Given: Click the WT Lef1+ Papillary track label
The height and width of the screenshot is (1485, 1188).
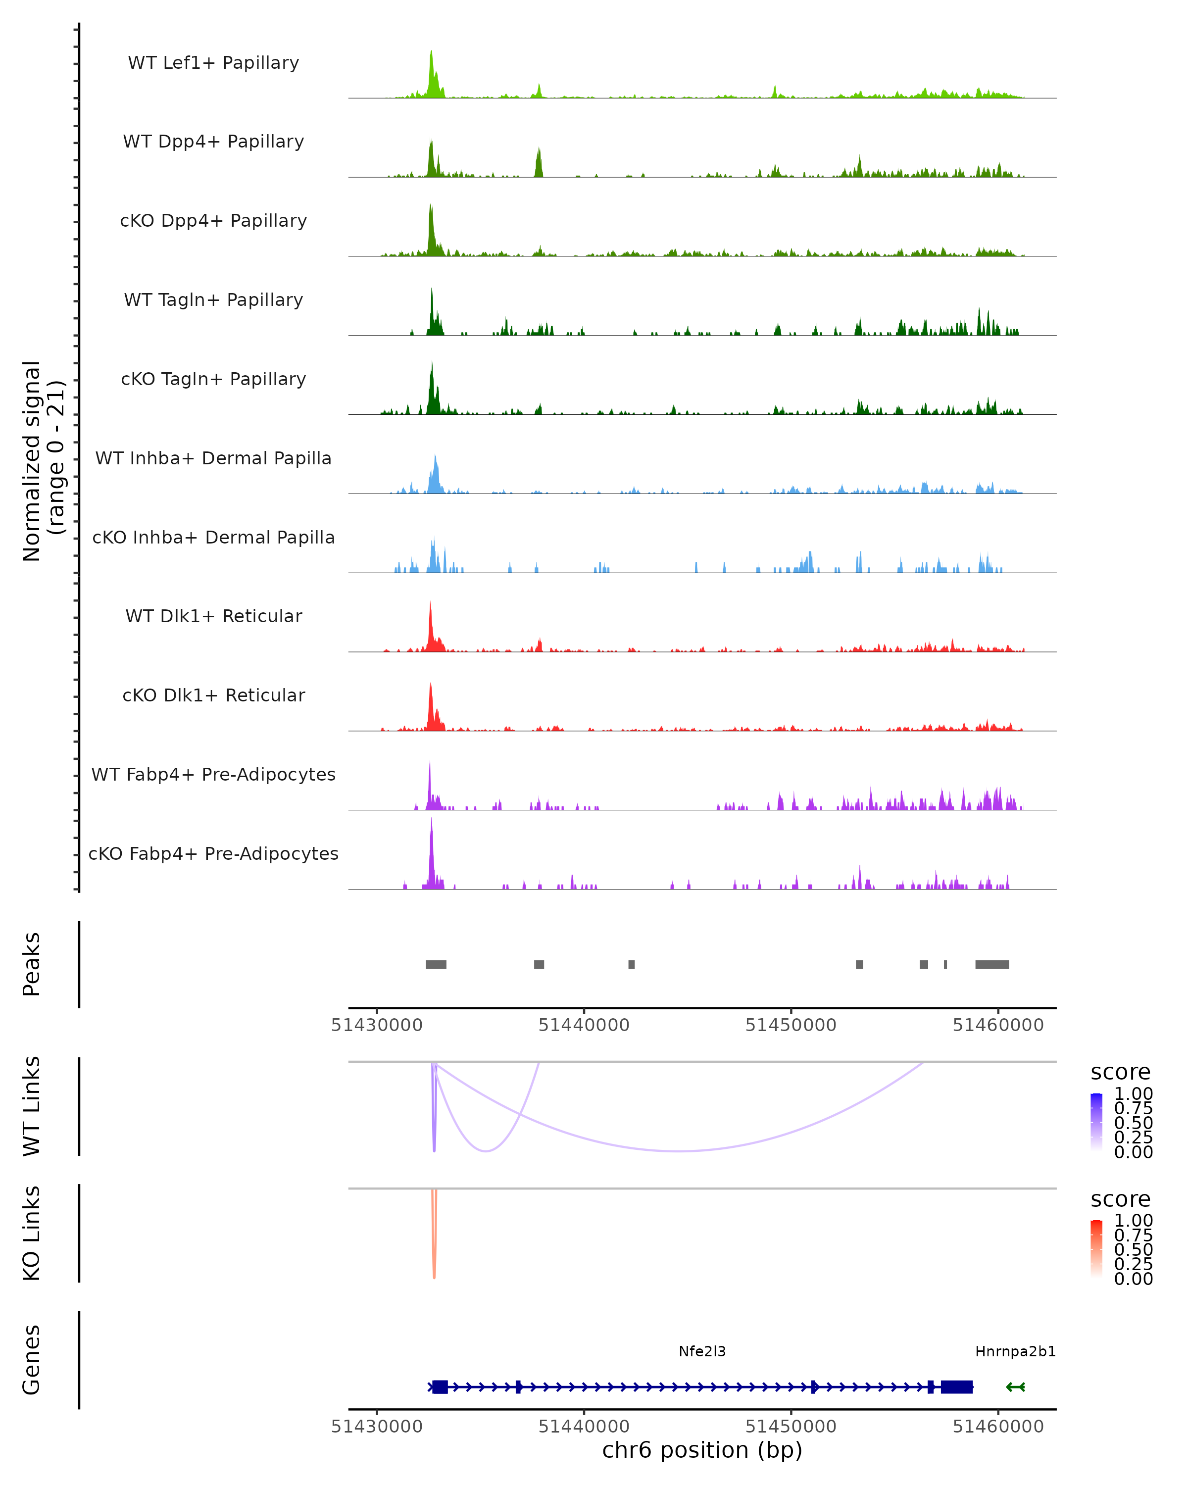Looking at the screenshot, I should coord(213,63).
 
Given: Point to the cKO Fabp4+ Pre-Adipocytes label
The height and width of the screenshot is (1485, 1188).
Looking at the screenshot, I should coord(213,853).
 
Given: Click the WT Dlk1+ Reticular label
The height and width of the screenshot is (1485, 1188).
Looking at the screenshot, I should coord(213,616).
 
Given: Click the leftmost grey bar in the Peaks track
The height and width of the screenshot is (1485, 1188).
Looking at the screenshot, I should coord(436,964).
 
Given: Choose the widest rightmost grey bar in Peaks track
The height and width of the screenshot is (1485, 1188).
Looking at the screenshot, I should coord(991,964).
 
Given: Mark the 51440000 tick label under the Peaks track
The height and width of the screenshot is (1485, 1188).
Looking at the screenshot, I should coord(584,1025).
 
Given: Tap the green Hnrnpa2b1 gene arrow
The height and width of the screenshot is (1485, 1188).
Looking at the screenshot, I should coord(1015,1387).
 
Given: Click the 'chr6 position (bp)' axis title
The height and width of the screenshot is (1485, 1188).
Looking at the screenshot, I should coord(702,1450).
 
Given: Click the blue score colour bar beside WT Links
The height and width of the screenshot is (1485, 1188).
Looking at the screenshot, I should coord(1096,1123).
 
